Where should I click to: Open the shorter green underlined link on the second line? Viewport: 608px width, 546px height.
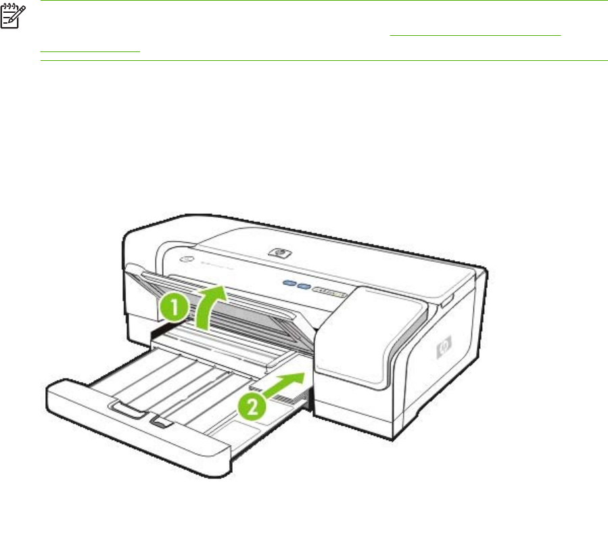coord(90,50)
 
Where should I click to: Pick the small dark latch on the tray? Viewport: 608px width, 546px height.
coord(161,422)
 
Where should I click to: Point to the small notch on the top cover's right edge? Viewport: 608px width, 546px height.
coord(447,295)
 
